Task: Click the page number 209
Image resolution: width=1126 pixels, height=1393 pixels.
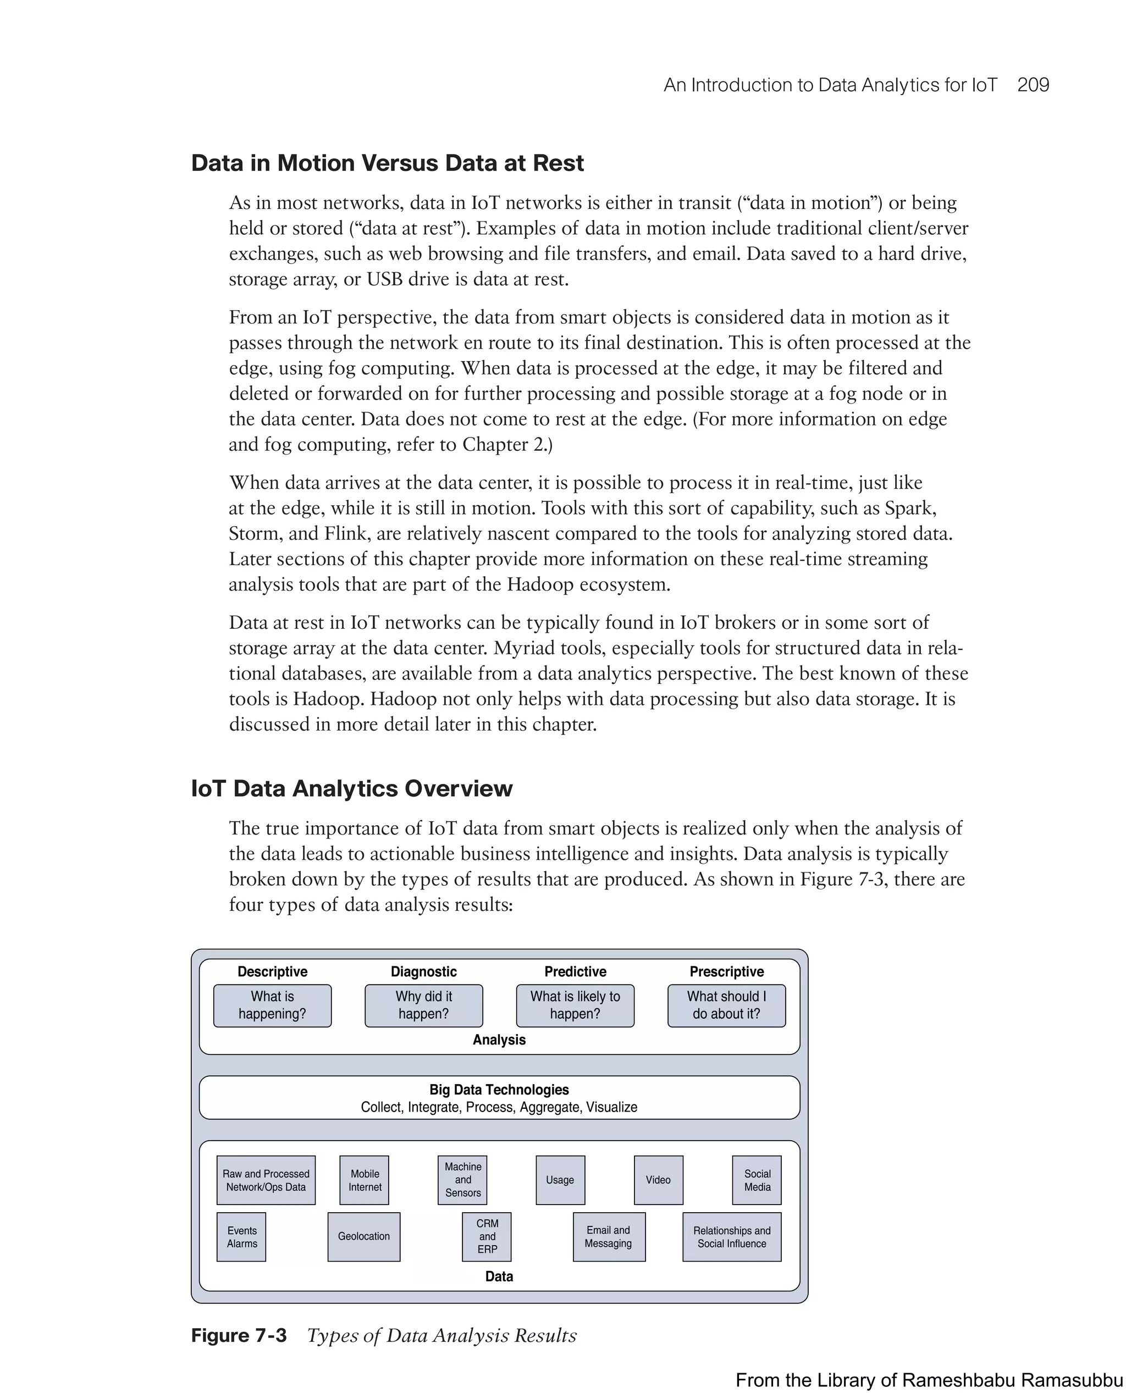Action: click(1033, 85)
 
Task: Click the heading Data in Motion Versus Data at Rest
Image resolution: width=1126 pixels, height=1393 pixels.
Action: click(387, 163)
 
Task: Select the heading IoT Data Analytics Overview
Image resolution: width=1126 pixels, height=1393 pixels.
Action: click(351, 789)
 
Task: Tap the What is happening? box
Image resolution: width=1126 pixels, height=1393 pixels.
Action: click(272, 1005)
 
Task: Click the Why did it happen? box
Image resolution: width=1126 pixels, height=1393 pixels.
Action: click(423, 1005)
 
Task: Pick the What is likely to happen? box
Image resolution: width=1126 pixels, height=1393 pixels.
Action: click(575, 1005)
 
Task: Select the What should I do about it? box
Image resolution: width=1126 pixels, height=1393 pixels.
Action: click(726, 1005)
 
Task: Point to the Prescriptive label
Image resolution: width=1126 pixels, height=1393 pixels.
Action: click(726, 971)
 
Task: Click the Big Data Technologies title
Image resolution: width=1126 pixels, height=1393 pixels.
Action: click(499, 1090)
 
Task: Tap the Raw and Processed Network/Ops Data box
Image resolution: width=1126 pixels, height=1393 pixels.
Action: click(266, 1180)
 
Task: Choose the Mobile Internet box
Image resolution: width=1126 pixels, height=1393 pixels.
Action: click(365, 1180)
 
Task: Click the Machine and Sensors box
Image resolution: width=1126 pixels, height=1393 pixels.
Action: click(462, 1180)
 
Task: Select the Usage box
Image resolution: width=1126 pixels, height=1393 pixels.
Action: click(560, 1180)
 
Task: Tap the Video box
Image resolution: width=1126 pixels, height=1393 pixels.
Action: click(658, 1180)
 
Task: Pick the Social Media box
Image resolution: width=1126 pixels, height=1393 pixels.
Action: click(757, 1180)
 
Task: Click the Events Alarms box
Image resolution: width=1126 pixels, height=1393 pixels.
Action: click(241, 1237)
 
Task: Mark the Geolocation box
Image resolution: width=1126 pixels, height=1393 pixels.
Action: click(364, 1237)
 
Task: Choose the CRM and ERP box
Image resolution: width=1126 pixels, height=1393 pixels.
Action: click(487, 1237)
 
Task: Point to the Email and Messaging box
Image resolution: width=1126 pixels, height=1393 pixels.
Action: click(609, 1237)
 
